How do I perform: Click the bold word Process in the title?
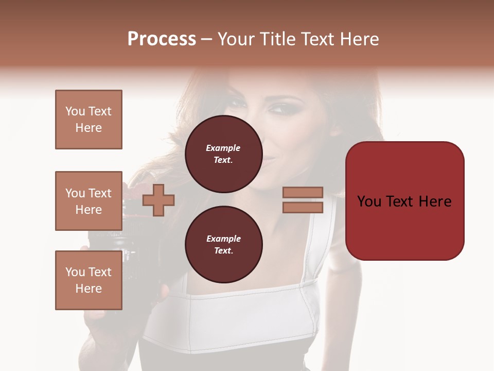point(162,39)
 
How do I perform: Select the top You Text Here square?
point(89,120)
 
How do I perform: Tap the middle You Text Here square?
point(89,201)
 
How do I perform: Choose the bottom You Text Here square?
point(89,280)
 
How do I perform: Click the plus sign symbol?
point(158,200)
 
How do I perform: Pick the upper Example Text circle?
point(223,154)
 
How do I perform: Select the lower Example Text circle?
point(223,245)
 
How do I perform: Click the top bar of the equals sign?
point(303,193)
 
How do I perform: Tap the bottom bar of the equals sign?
point(303,207)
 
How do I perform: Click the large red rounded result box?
point(404,201)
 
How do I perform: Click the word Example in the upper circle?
point(223,148)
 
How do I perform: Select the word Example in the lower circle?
point(223,239)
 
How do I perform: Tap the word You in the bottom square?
point(75,272)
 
